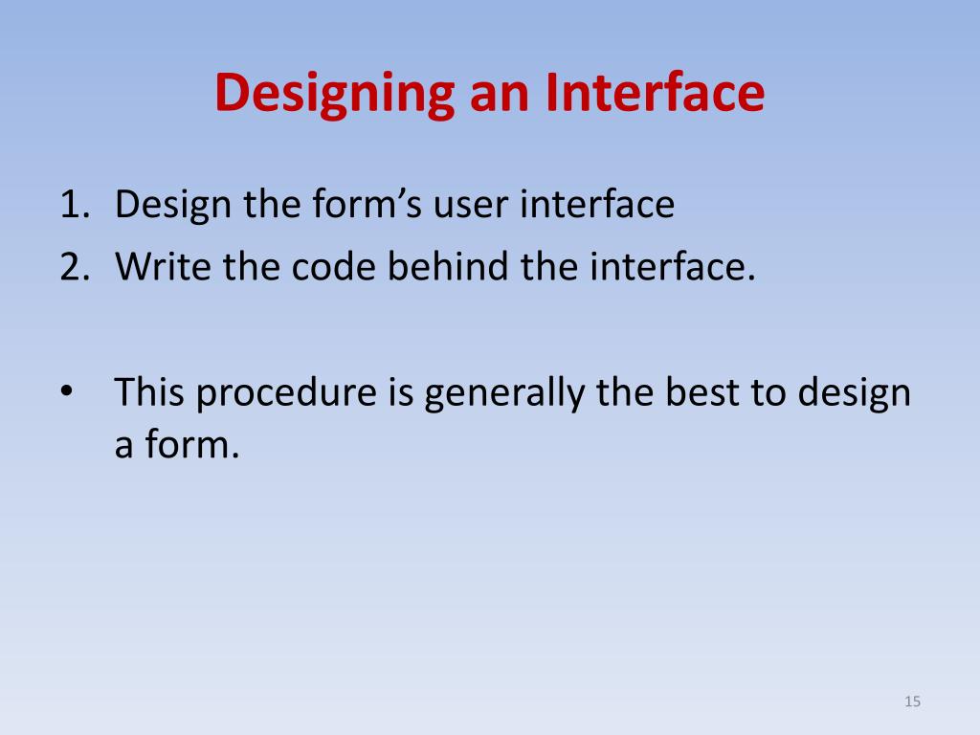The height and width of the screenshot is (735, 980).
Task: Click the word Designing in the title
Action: point(333,94)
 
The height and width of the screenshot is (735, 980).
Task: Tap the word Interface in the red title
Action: point(656,93)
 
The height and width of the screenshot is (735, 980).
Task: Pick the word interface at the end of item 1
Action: point(598,205)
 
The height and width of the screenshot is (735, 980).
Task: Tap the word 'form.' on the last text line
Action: point(190,445)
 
